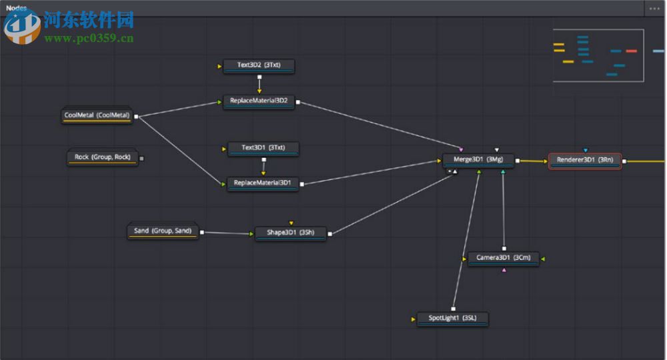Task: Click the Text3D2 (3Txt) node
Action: (x=259, y=66)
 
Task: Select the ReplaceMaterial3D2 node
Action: (x=259, y=101)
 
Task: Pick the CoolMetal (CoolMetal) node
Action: (x=97, y=115)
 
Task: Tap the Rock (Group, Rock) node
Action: (x=102, y=157)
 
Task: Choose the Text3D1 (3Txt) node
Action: (x=263, y=147)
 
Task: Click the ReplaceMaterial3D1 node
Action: (x=263, y=183)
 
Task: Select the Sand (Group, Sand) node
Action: (x=163, y=231)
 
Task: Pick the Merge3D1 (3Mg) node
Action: (x=478, y=160)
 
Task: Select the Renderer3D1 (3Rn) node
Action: (x=584, y=161)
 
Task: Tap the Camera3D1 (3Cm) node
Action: (x=503, y=258)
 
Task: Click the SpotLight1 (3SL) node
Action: (x=452, y=319)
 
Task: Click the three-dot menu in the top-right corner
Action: (x=654, y=9)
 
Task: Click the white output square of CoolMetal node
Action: (x=136, y=117)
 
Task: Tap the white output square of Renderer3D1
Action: (x=624, y=161)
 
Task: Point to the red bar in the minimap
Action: (x=631, y=51)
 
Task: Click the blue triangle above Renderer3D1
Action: (x=585, y=150)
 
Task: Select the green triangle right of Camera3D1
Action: (x=544, y=258)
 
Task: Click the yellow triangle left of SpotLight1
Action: (x=414, y=319)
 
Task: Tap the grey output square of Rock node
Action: (x=141, y=159)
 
